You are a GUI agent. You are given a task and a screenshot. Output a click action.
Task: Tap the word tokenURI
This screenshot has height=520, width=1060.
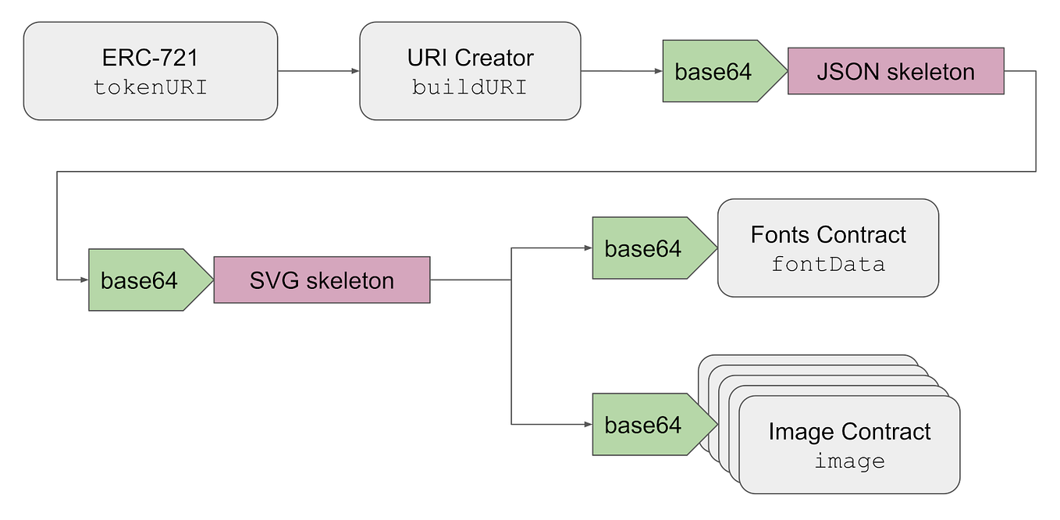pyautogui.click(x=151, y=87)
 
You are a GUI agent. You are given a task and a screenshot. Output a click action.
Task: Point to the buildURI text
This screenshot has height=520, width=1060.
pyautogui.click(x=470, y=87)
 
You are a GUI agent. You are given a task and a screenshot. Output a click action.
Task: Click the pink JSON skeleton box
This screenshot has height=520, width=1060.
pyautogui.click(x=895, y=72)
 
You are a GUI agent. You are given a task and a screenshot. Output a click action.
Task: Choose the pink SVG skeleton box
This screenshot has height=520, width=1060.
pyautogui.click(x=322, y=280)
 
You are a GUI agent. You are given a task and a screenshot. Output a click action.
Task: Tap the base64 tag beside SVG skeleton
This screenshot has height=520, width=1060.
pyautogui.click(x=140, y=280)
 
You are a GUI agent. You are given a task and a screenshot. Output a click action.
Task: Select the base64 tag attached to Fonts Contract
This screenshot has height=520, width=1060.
pyautogui.click(x=643, y=249)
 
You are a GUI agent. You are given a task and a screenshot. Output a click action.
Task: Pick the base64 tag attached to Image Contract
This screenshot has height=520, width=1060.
pyautogui.click(x=643, y=425)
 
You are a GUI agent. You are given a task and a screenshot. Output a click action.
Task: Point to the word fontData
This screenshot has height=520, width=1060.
pyautogui.click(x=828, y=265)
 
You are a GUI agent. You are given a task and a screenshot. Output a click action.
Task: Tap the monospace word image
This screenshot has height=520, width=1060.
pyautogui.click(x=849, y=461)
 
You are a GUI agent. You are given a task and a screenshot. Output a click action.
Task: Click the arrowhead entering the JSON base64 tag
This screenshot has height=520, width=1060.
pyautogui.click(x=658, y=72)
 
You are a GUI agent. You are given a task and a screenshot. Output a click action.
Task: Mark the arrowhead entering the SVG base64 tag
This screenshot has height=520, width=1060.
pyautogui.click(x=84, y=280)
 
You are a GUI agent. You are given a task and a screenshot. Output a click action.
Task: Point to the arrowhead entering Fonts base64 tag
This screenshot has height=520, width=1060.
pyautogui.click(x=588, y=248)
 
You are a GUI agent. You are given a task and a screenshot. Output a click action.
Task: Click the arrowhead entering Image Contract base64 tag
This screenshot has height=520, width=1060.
pyautogui.click(x=588, y=424)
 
